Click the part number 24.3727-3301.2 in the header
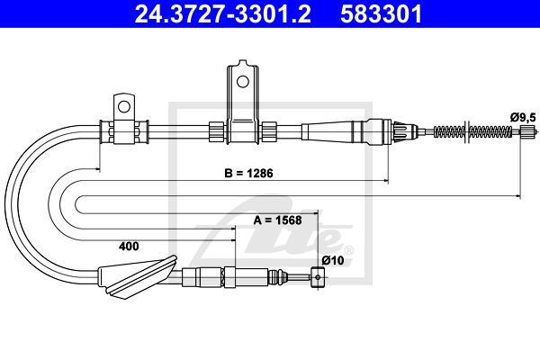(223, 13)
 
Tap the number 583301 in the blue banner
(382, 13)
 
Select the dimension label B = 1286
(248, 173)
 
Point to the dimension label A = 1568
(277, 220)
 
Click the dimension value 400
(129, 247)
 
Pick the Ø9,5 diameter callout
(523, 118)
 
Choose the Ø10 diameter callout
(333, 260)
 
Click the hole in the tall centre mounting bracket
(243, 82)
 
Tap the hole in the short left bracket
(124, 107)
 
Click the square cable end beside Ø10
(318, 277)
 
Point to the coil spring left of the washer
(449, 131)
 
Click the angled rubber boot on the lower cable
(138, 277)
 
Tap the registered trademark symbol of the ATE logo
(348, 250)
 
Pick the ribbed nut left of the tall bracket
(217, 131)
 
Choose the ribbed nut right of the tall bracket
(269, 131)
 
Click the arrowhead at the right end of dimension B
(386, 180)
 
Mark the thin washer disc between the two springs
(466, 131)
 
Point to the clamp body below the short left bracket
(124, 131)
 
